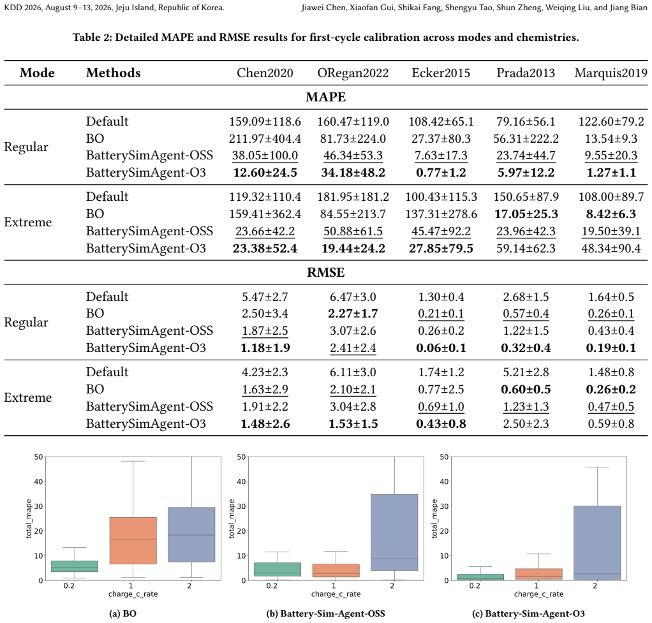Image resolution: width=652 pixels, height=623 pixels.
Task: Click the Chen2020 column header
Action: [x=265, y=73]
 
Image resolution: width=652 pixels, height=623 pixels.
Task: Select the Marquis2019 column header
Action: [x=611, y=73]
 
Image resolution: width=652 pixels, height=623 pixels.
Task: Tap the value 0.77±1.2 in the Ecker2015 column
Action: [x=441, y=172]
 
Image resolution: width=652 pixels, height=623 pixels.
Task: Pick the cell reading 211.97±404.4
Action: [x=265, y=138]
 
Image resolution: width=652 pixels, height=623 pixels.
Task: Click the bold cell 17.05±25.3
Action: [x=526, y=214]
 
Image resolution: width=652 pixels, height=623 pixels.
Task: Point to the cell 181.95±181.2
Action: [x=353, y=196]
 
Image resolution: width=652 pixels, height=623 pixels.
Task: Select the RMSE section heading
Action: [x=325, y=272]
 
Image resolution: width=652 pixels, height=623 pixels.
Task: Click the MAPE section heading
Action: [x=325, y=97]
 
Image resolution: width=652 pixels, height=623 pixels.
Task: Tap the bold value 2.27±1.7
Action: [x=353, y=313]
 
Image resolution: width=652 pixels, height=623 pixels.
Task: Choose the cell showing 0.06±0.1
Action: [x=441, y=348]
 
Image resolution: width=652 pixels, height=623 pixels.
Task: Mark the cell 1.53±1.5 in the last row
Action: [x=353, y=424]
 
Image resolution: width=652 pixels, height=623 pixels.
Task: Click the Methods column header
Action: [x=113, y=73]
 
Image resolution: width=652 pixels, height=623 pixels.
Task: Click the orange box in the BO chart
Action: [x=133, y=540]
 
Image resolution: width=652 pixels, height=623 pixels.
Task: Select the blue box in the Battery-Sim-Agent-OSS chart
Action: [x=394, y=532]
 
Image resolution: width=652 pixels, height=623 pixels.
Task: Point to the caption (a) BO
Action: [x=122, y=613]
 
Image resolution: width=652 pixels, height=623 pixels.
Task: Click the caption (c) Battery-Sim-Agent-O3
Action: [x=528, y=613]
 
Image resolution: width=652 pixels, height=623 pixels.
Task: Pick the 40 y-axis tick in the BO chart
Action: [x=38, y=481]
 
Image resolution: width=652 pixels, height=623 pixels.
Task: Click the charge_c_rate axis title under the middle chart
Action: [x=336, y=594]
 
